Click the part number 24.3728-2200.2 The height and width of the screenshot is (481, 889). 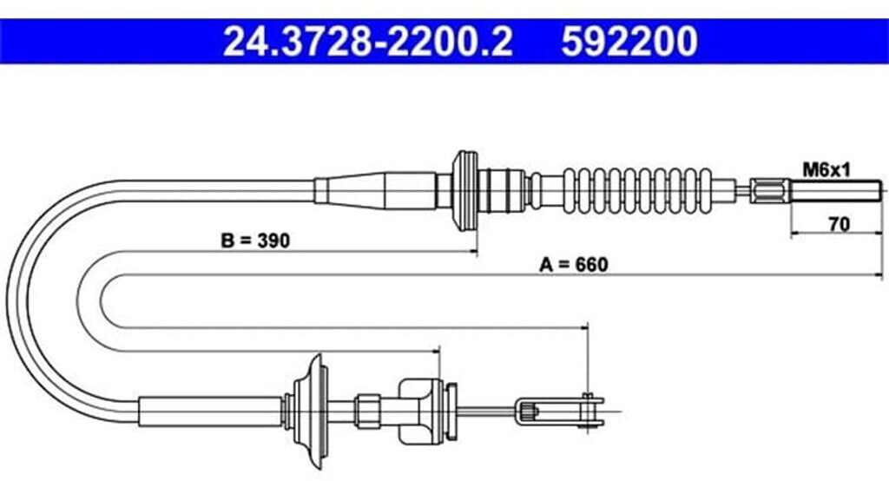tap(368, 41)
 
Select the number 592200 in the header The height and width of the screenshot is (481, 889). tap(629, 41)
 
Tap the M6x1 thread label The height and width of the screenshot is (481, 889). tap(824, 170)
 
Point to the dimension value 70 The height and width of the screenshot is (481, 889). tap(838, 223)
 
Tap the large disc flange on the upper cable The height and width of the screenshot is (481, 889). tap(466, 190)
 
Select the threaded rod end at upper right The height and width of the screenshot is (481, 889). tap(837, 190)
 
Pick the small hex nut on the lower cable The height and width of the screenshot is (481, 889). tap(367, 407)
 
